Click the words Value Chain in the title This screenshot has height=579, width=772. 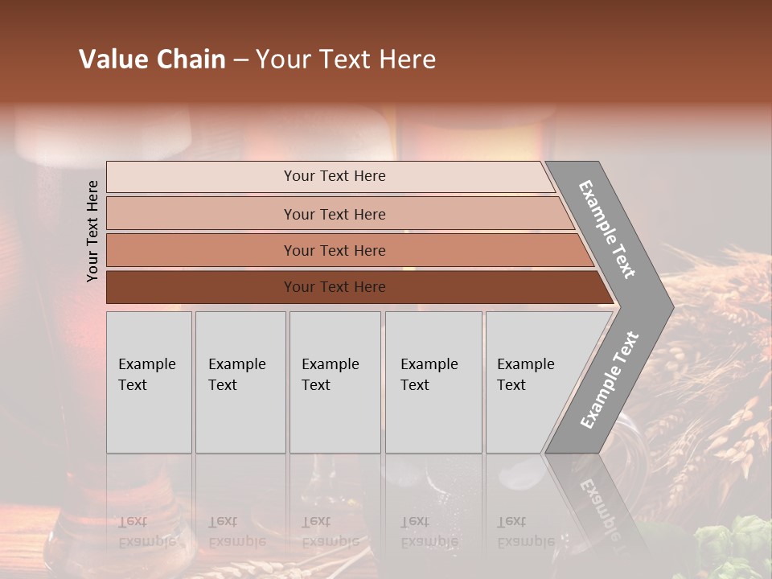tap(152, 60)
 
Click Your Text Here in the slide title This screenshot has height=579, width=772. tap(346, 60)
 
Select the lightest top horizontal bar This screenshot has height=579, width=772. tap(330, 176)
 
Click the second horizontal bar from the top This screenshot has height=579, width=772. tap(338, 214)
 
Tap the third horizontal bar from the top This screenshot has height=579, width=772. tap(346, 250)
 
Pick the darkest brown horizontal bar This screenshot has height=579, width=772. tap(354, 287)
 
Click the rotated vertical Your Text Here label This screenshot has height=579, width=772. tap(92, 231)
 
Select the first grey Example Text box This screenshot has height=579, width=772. tap(149, 382)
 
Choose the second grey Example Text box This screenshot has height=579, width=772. tap(240, 382)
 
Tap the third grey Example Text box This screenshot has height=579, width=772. tap(335, 382)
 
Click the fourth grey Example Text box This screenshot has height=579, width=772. tap(433, 382)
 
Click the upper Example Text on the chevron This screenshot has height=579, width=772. tap(607, 228)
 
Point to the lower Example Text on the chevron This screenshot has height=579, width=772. tap(610, 380)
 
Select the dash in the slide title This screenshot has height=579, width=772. tap(240, 60)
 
